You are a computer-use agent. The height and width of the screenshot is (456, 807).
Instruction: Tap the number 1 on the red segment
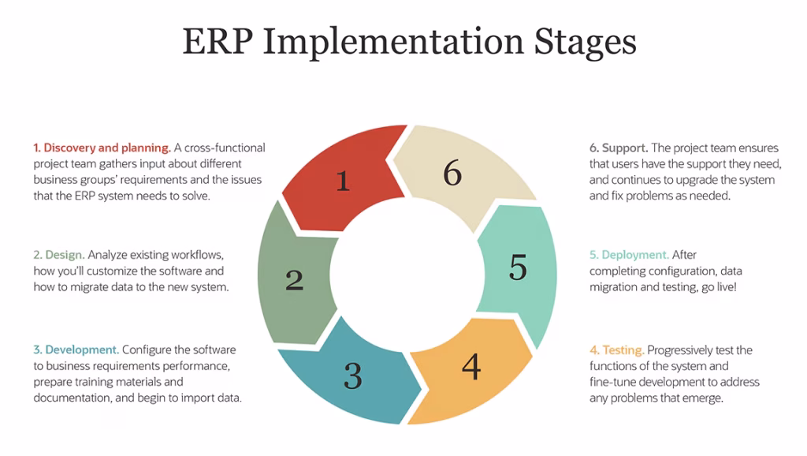click(x=342, y=181)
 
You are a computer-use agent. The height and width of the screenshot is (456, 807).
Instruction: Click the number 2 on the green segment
click(x=294, y=280)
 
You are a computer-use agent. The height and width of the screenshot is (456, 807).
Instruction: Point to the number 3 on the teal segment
click(x=352, y=376)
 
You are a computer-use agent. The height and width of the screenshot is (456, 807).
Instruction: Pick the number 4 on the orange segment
click(x=470, y=366)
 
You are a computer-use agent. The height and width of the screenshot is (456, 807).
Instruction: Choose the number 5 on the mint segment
click(x=517, y=267)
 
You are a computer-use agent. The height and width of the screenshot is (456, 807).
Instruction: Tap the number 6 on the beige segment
click(x=452, y=173)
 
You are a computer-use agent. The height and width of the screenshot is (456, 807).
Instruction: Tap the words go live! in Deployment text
click(x=719, y=287)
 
